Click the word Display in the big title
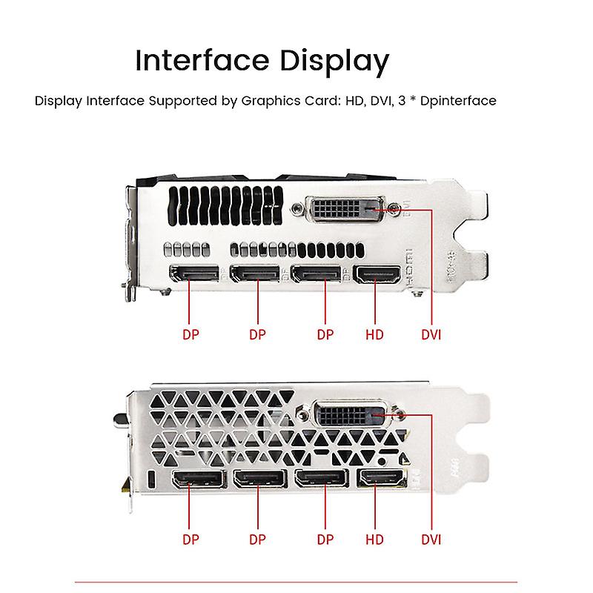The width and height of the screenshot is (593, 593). (x=327, y=62)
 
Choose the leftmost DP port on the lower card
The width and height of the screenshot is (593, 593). (x=199, y=478)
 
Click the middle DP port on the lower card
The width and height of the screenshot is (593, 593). (x=259, y=478)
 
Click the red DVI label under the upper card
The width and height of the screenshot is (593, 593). (x=431, y=334)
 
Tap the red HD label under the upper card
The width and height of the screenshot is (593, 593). (x=375, y=334)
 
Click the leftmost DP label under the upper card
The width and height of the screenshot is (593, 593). (x=191, y=334)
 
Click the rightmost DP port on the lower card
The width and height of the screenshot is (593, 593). (x=321, y=478)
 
